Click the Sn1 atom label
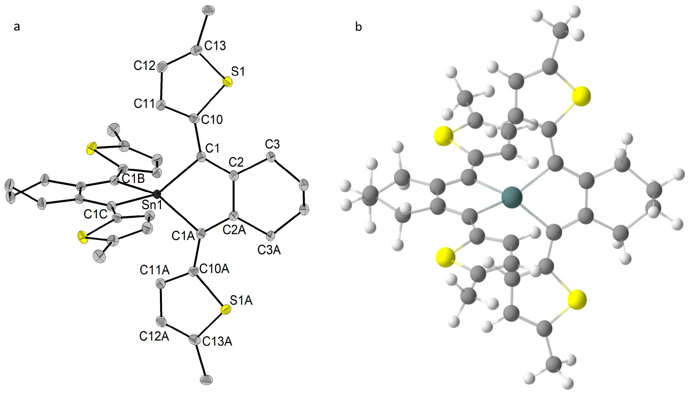click(152, 205)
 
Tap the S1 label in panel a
click(238, 71)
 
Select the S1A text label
click(241, 300)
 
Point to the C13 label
click(215, 46)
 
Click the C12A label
click(154, 336)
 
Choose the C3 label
click(272, 144)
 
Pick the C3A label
click(269, 250)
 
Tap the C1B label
click(133, 179)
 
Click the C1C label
click(95, 214)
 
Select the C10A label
click(214, 269)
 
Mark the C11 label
click(144, 103)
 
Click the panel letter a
click(17, 27)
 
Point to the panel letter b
click(358, 27)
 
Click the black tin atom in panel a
click(157, 194)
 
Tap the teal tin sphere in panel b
click(512, 197)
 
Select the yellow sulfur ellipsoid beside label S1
click(227, 82)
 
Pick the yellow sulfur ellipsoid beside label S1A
click(226, 310)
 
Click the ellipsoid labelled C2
click(234, 176)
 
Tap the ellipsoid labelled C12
click(162, 67)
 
